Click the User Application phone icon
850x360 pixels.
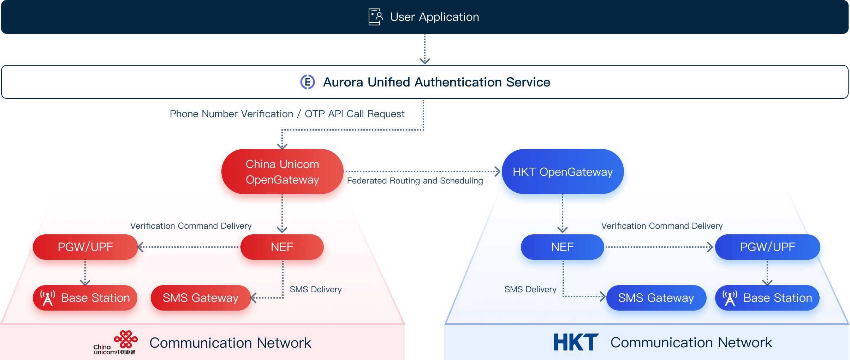coord(375,17)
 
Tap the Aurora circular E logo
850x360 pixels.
coord(307,82)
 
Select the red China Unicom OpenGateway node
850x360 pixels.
coord(282,172)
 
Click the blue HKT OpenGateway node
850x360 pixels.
coord(562,172)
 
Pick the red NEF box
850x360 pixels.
coord(282,247)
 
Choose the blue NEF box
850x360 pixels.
coord(562,247)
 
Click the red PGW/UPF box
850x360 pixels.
coord(85,247)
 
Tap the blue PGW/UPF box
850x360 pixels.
coord(767,247)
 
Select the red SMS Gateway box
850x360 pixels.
coord(200,298)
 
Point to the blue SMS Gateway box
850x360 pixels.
coord(656,298)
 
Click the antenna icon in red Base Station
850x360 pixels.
coord(48,298)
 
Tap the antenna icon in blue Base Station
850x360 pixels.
coord(730,298)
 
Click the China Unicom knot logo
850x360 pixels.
coord(125,339)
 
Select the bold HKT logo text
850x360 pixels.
coord(576,342)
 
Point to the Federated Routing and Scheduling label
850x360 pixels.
coord(415,181)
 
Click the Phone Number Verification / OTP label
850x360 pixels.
coord(287,114)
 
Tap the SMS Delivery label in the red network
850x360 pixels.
coord(315,289)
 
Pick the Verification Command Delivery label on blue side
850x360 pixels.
coord(661,226)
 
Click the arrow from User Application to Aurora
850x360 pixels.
coord(424,49)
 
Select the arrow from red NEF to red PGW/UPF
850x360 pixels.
coord(189,247)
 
